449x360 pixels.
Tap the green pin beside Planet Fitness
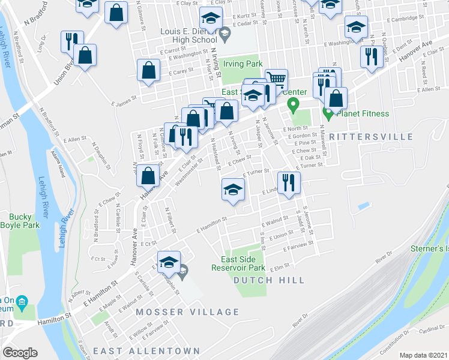tap(328, 112)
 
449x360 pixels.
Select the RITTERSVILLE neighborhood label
tap(372, 137)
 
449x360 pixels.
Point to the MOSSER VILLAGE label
tap(187, 312)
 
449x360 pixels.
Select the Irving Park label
tap(244, 64)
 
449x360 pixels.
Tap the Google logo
tap(20, 353)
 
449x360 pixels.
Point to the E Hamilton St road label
tap(211, 226)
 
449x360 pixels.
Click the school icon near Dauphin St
tap(169, 261)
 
